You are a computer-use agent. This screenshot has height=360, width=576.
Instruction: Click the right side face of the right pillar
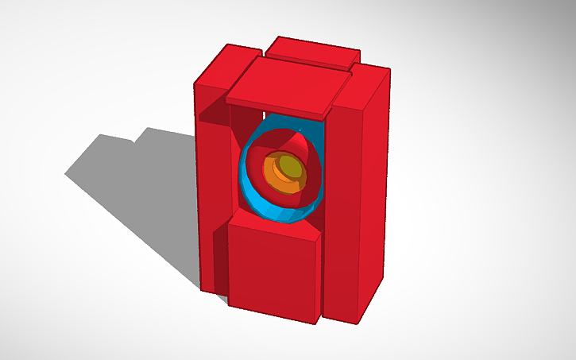click(373, 199)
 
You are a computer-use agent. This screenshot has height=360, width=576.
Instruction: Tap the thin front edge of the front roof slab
click(278, 109)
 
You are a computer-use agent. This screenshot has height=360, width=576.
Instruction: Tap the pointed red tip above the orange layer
click(300, 132)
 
